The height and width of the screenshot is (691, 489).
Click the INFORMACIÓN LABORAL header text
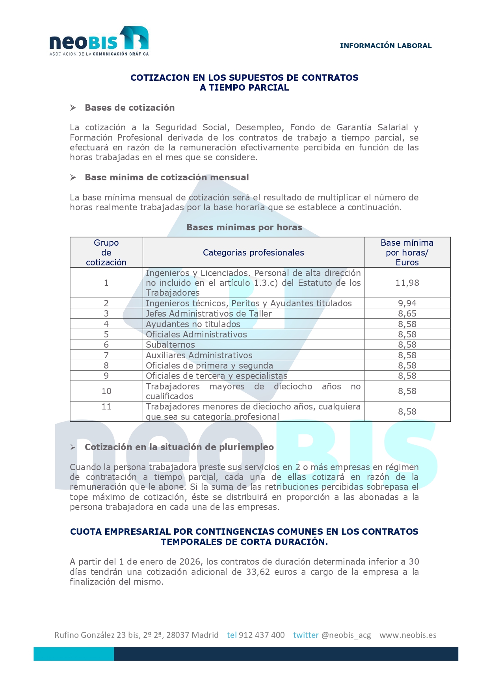tap(386, 46)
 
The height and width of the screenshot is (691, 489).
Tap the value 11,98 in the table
tap(407, 283)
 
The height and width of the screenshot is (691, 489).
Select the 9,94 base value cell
tap(407, 303)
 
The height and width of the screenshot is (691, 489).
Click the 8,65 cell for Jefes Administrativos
tap(407, 313)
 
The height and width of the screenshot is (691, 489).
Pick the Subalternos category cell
tap(170, 345)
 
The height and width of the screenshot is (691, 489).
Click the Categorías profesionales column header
tap(253, 252)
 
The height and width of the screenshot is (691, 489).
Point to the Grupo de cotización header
tap(106, 252)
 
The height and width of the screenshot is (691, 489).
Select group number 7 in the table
tap(106, 355)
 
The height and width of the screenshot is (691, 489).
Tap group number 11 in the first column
tap(106, 407)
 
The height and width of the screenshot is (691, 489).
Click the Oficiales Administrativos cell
tap(196, 334)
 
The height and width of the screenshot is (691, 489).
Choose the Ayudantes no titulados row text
tap(193, 324)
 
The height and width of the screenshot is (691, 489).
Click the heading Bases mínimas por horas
tap(244, 227)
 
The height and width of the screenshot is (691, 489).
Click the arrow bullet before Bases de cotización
tap(73, 108)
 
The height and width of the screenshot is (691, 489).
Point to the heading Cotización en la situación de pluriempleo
tap(179, 447)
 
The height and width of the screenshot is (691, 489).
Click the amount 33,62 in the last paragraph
tap(258, 572)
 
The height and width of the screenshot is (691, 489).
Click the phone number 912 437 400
tap(262, 635)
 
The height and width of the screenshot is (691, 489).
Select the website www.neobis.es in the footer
tap(408, 635)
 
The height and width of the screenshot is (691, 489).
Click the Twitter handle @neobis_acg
tap(346, 635)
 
